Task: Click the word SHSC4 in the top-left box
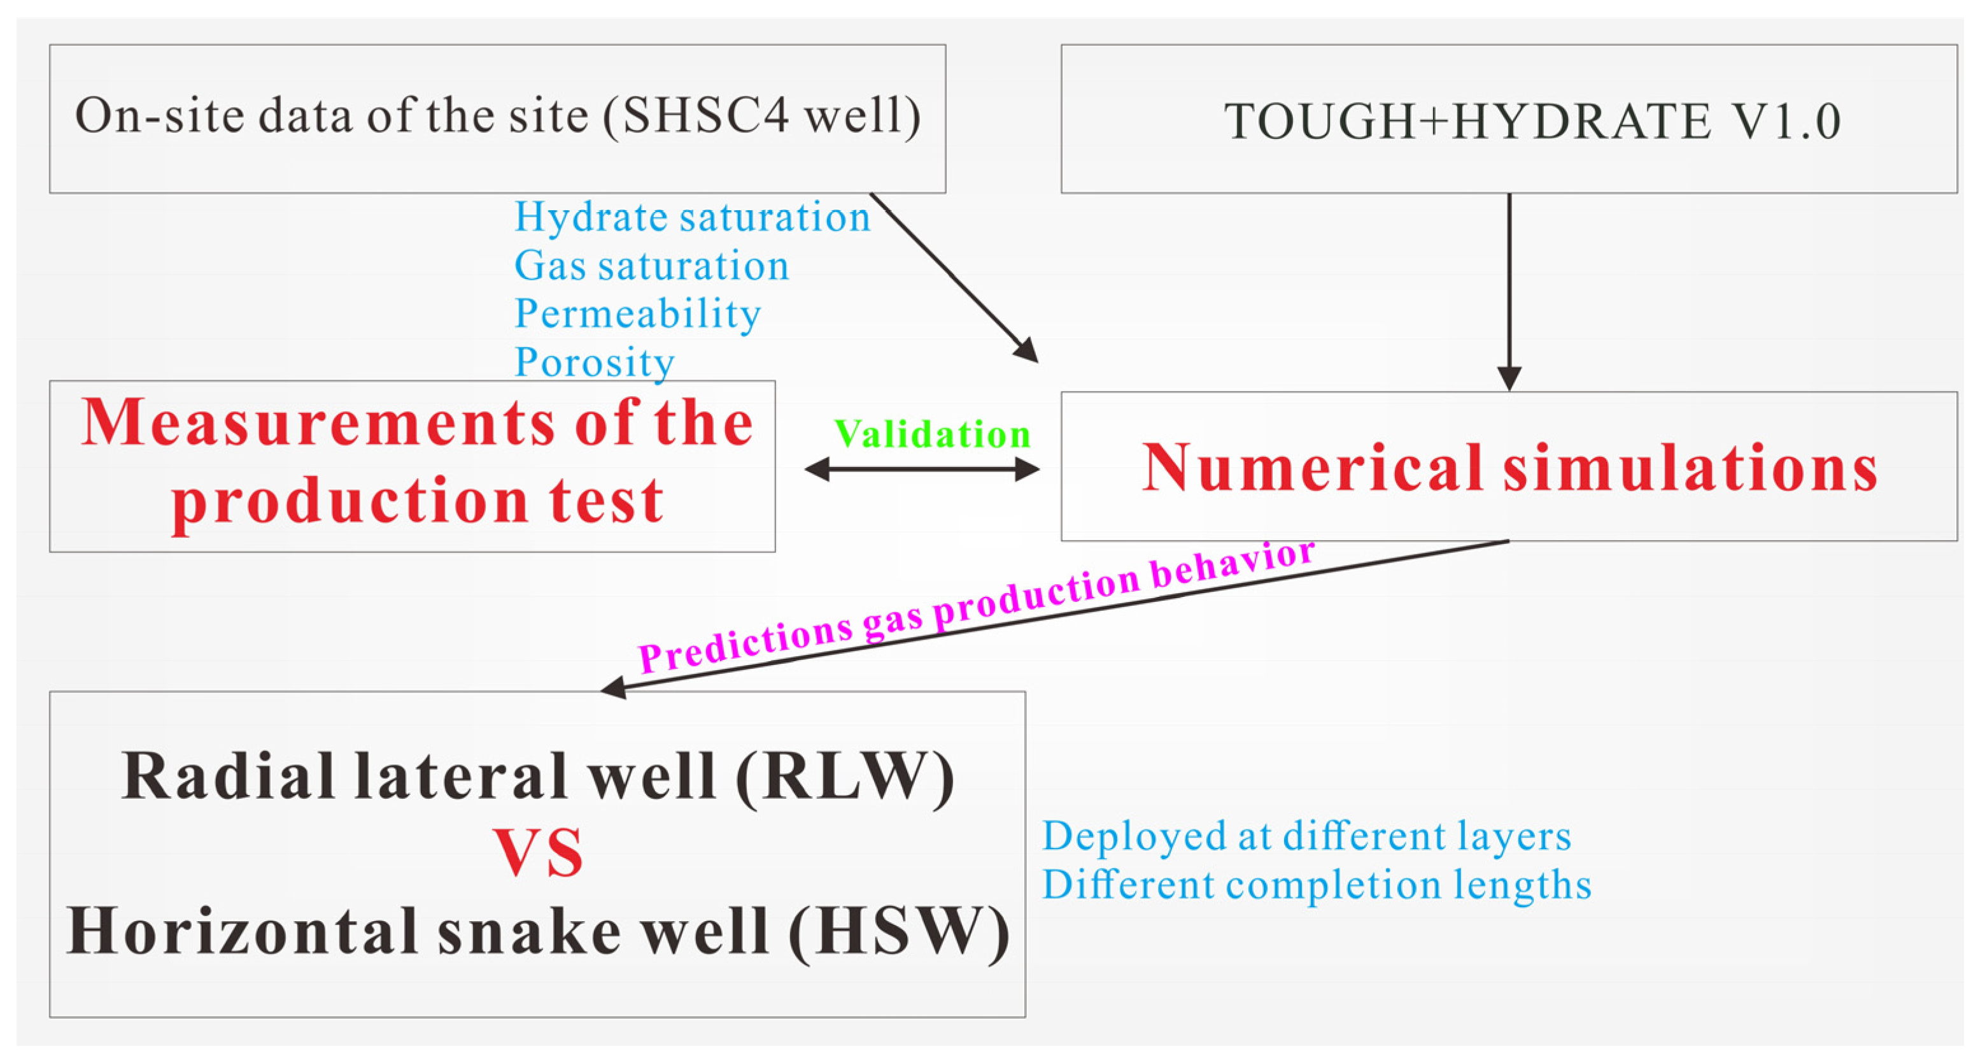tap(705, 117)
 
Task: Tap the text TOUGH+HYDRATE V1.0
tap(1532, 122)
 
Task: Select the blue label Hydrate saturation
tap(692, 217)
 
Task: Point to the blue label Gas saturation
tap(651, 266)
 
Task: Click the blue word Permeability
tap(637, 313)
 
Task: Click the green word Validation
tap(931, 434)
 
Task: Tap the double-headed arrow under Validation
tap(921, 469)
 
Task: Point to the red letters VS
tap(537, 854)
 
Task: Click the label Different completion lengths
tap(1316, 885)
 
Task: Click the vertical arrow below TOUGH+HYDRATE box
tap(1509, 292)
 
